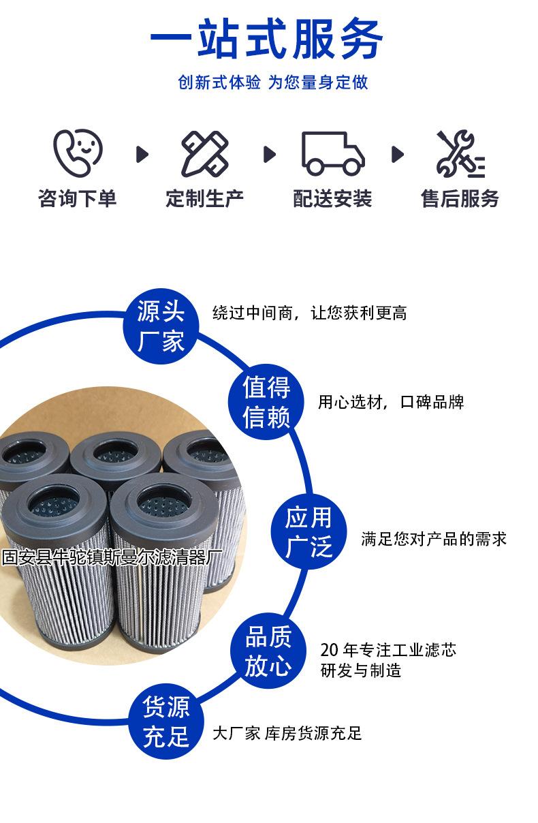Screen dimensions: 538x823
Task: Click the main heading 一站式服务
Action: point(267,37)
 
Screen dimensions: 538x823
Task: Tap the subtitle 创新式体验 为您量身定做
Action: point(272,83)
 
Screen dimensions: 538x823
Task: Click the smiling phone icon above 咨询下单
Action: point(78,153)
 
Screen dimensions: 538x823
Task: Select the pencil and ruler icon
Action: point(204,154)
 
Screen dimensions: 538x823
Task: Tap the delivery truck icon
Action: point(333,153)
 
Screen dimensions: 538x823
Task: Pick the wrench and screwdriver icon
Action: point(460,154)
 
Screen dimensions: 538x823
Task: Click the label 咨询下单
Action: point(78,198)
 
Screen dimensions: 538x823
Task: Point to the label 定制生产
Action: point(204,198)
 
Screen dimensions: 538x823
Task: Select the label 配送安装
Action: point(333,198)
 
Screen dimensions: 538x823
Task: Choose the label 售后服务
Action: point(460,198)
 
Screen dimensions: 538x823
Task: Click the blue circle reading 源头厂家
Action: point(161,328)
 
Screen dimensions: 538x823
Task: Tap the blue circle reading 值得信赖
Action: point(266,402)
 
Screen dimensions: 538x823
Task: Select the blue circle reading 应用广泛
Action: point(308,532)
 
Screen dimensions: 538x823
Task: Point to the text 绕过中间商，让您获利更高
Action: point(309,313)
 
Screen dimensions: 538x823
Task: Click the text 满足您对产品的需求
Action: point(434,539)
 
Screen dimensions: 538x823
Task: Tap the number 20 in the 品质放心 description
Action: point(330,651)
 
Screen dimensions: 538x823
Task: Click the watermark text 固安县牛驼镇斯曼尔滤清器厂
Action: point(112,558)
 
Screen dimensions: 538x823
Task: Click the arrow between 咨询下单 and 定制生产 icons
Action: point(142,154)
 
